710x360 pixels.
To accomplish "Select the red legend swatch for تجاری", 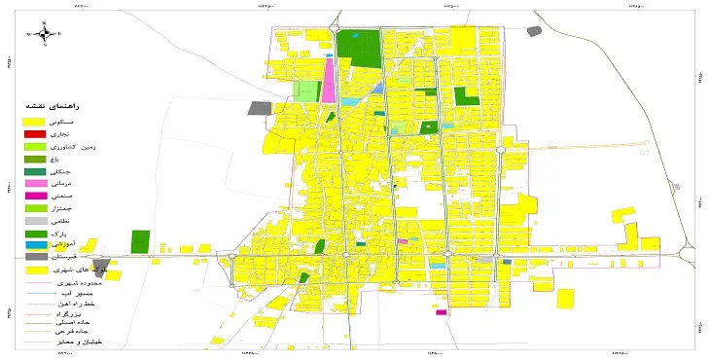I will coord(35,132).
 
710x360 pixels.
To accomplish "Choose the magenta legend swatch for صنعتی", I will coord(35,196).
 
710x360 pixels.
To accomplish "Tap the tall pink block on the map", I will coord(329,80).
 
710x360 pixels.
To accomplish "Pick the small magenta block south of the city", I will coord(442,312).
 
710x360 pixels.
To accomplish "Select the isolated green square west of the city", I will coord(140,242).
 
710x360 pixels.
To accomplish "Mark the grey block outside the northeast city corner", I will coord(533,32).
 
